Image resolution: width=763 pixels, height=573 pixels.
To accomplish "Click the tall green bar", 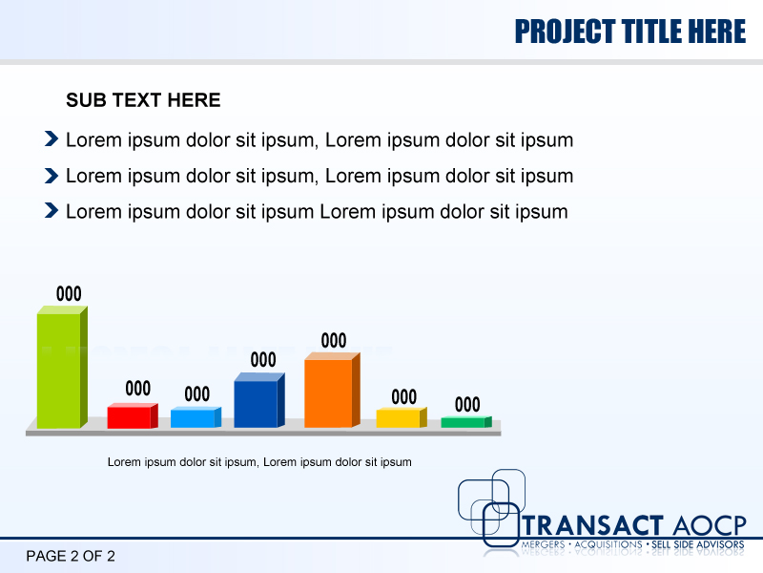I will pyautogui.click(x=59, y=371).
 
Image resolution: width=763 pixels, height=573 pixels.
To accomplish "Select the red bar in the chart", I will pyautogui.click(x=129, y=417).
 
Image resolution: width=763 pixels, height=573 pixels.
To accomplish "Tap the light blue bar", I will pyautogui.click(x=193, y=418).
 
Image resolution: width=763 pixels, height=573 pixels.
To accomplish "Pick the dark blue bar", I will pyautogui.click(x=256, y=404).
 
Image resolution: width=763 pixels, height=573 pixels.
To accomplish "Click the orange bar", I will pyautogui.click(x=328, y=393).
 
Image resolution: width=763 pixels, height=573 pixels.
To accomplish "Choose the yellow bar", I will pyautogui.click(x=398, y=418).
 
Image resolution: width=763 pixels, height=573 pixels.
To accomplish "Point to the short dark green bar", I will pyautogui.click(x=463, y=422).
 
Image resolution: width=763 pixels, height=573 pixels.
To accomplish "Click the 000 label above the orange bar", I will pyautogui.click(x=333, y=341).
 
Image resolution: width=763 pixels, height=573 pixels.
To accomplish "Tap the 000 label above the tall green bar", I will pyautogui.click(x=69, y=294).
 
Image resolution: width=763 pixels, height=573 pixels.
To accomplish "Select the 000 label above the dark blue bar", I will pyautogui.click(x=263, y=360).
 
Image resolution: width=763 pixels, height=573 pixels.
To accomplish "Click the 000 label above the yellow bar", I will pyautogui.click(x=404, y=396).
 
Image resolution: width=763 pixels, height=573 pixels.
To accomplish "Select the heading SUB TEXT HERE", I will pyautogui.click(x=143, y=100).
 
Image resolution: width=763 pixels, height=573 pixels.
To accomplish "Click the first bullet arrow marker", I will pyautogui.click(x=52, y=140).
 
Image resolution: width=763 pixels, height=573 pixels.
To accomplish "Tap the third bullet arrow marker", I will pyautogui.click(x=52, y=211).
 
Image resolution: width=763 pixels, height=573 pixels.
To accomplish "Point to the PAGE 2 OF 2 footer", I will pyautogui.click(x=71, y=556).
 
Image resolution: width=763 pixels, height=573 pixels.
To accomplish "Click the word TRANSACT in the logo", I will pyautogui.click(x=593, y=525).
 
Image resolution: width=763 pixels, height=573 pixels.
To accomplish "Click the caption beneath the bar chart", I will pyautogui.click(x=259, y=462).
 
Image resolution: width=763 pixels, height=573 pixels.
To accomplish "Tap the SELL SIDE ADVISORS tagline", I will pyautogui.click(x=697, y=544).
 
